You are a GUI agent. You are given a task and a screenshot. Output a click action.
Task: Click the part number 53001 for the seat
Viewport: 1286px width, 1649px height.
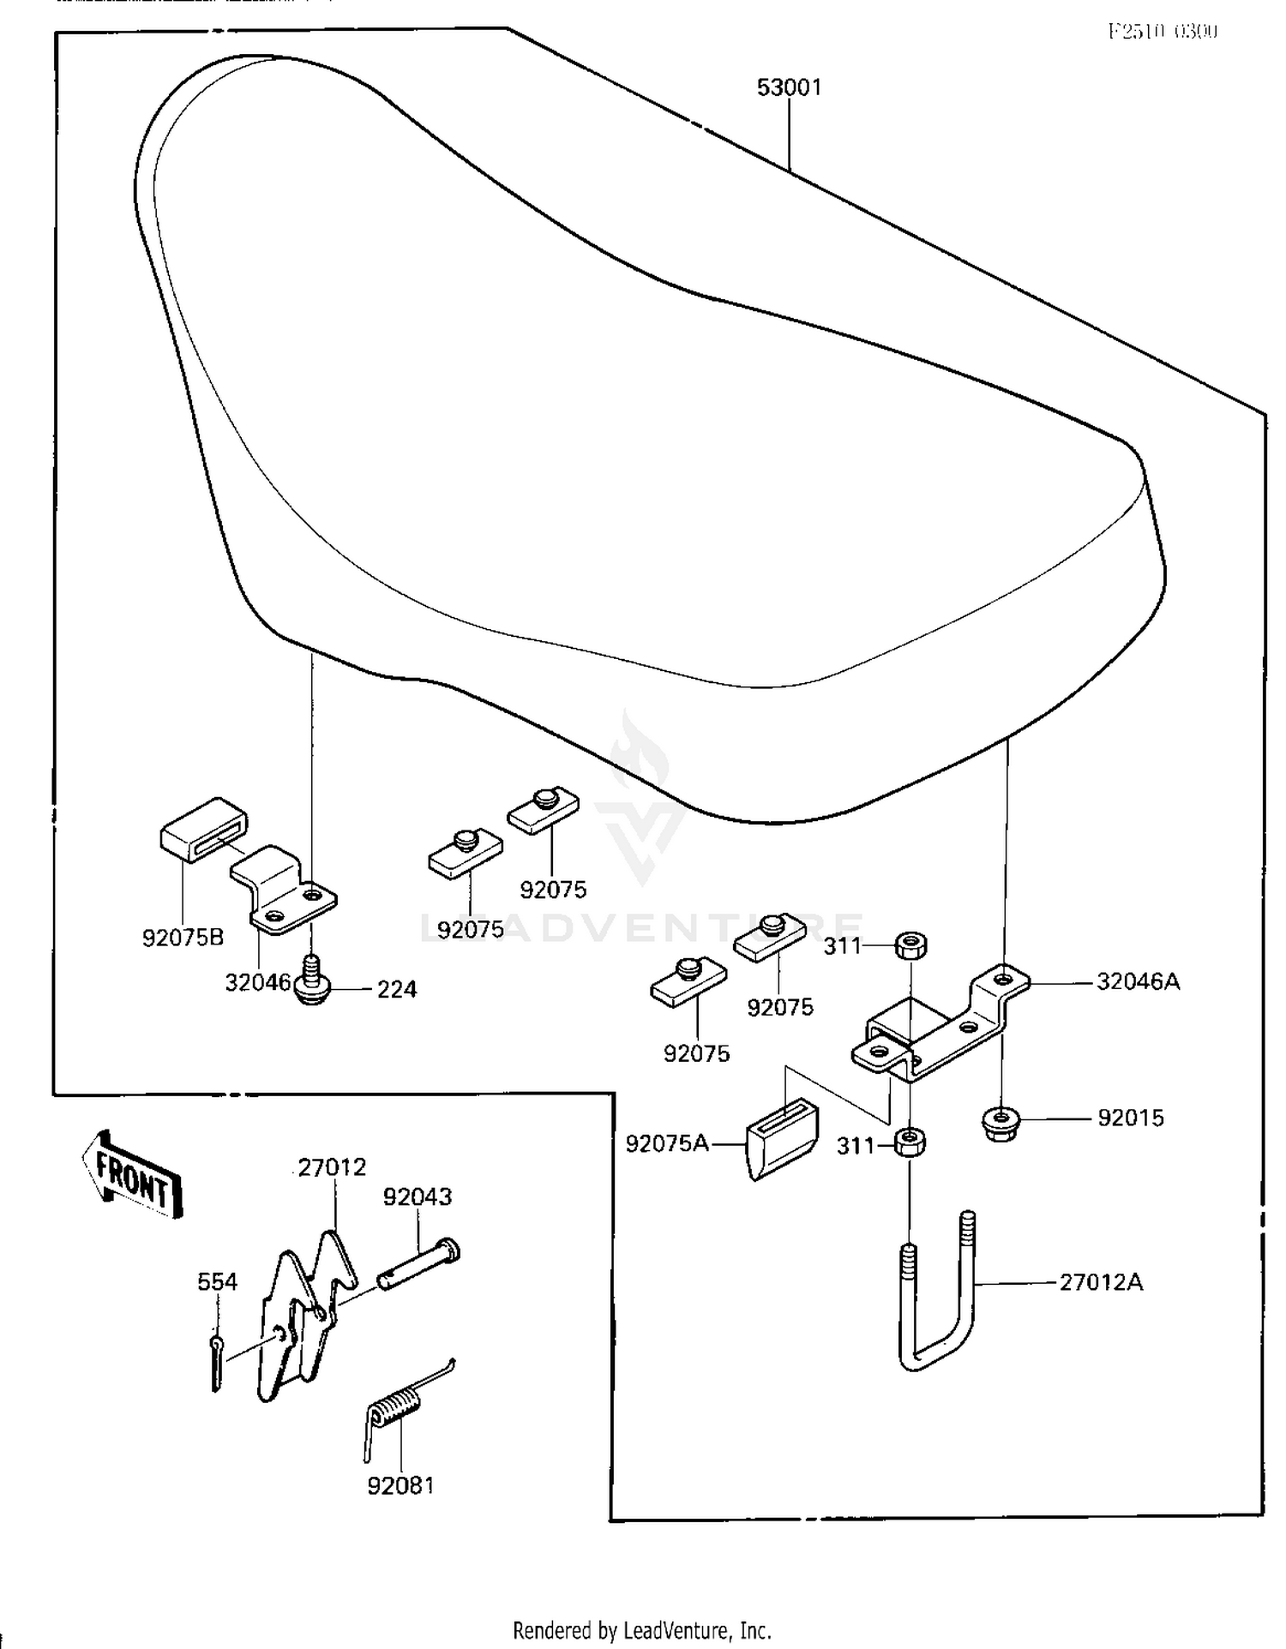(x=789, y=87)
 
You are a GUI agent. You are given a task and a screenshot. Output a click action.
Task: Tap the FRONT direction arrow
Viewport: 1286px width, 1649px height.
(x=133, y=1175)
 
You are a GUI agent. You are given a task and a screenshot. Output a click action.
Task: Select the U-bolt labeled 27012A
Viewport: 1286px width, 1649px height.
(x=938, y=1293)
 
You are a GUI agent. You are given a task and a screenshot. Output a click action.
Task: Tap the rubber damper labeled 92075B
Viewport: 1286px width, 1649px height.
(x=203, y=829)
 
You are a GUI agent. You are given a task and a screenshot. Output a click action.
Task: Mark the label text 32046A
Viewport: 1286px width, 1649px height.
(x=1138, y=982)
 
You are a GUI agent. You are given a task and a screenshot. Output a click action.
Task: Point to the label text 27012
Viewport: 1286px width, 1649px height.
(x=332, y=1167)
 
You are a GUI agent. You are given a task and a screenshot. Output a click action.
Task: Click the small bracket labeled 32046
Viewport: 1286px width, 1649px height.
(x=283, y=891)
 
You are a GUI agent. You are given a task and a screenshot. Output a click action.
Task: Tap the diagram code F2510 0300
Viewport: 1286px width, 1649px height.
(x=1162, y=32)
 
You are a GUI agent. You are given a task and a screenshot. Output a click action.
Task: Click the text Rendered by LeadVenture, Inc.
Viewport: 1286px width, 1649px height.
(x=641, y=1629)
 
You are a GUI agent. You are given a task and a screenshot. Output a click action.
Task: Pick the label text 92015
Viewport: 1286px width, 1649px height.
(x=1131, y=1118)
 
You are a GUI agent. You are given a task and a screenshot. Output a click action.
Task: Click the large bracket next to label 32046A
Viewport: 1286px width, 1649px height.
(x=939, y=1024)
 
